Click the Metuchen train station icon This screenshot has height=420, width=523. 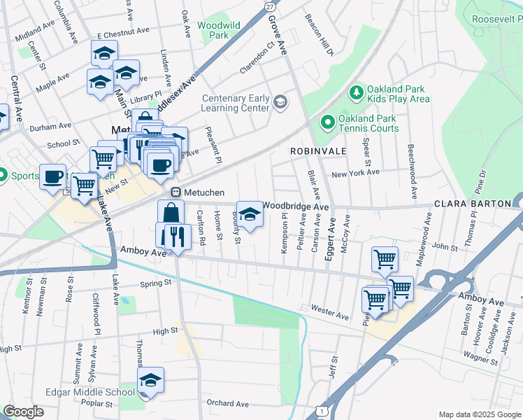(x=177, y=192)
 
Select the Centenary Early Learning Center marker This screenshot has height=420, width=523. (x=280, y=103)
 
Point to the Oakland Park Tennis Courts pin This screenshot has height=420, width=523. (x=327, y=123)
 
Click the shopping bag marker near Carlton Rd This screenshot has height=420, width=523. (x=170, y=212)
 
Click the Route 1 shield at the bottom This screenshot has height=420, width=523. (x=320, y=408)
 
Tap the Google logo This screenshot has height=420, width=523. (x=24, y=412)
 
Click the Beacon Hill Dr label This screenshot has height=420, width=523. (x=320, y=34)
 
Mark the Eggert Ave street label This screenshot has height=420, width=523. (x=329, y=238)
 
